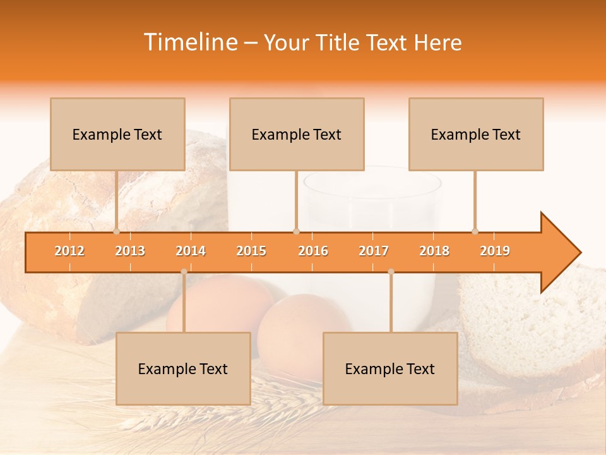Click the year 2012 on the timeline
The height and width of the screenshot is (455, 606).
tap(69, 251)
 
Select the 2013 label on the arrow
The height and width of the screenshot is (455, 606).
tap(130, 251)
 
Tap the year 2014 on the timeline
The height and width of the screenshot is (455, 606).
tap(191, 251)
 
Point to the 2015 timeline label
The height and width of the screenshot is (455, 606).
tap(251, 251)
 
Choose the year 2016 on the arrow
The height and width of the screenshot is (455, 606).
tap(313, 251)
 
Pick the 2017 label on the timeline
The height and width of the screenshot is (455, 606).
tap(374, 251)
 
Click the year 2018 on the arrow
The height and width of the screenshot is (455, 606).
tap(434, 251)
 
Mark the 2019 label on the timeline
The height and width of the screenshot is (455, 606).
tap(495, 251)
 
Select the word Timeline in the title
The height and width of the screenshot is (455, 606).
tap(189, 42)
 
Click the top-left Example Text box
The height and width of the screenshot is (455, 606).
tap(117, 134)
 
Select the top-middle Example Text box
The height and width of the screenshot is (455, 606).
tap(297, 134)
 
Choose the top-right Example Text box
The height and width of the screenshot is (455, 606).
tap(476, 134)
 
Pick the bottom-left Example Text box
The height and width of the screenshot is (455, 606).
tap(183, 368)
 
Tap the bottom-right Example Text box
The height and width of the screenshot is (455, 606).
tap(390, 368)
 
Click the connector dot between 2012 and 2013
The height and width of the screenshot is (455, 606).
tap(116, 231)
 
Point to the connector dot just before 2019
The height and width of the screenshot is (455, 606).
tap(475, 231)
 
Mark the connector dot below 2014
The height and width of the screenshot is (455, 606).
tap(184, 272)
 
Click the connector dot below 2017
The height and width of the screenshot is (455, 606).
tap(391, 272)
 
